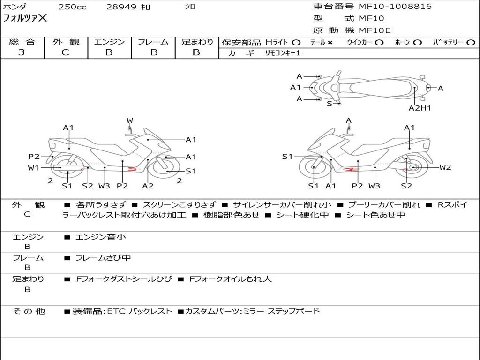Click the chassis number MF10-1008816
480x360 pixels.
pyautogui.click(x=395, y=7)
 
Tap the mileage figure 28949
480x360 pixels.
pyautogui.click(x=121, y=7)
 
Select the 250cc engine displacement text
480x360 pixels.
pyautogui.click(x=73, y=7)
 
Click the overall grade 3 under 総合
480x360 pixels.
pyautogui.click(x=22, y=52)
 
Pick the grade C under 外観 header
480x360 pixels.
pyautogui.click(x=65, y=52)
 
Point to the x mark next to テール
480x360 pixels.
pyautogui.click(x=330, y=43)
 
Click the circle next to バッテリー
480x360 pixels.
pyautogui.click(x=471, y=43)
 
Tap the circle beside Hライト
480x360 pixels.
pyautogui.click(x=296, y=43)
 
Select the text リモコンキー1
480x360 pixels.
pyautogui.click(x=283, y=53)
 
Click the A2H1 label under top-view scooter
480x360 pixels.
pyautogui.click(x=420, y=108)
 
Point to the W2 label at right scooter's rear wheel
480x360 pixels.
pyautogui.click(x=445, y=167)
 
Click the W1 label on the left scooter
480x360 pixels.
pyautogui.click(x=33, y=168)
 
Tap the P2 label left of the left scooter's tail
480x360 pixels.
pyautogui.click(x=34, y=157)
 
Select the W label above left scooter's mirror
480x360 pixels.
pyautogui.click(x=130, y=120)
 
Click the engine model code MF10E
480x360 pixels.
pyautogui.click(x=375, y=30)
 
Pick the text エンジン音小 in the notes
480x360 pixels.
pyautogui.click(x=101, y=237)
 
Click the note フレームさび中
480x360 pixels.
pyautogui.click(x=103, y=258)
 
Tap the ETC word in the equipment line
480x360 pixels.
pyautogui.click(x=116, y=311)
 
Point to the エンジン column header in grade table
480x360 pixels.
pyautogui.click(x=109, y=42)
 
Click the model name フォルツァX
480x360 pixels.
pyautogui.click(x=25, y=18)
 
